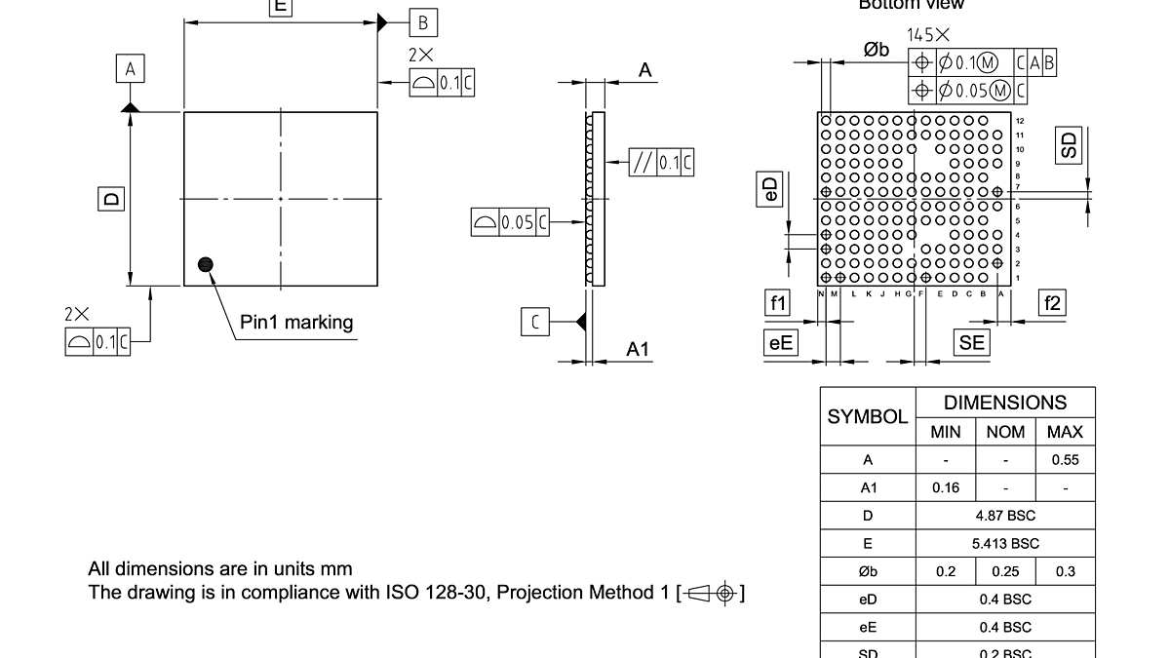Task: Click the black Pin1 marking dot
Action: [x=205, y=263]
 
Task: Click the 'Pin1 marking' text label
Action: [x=296, y=322]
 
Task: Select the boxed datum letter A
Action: [x=131, y=69]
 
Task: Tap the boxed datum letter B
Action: [x=422, y=22]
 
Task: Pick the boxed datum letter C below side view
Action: [x=534, y=321]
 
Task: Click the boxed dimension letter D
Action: [x=113, y=199]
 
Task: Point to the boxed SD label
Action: [x=1070, y=144]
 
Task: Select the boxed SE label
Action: [x=971, y=342]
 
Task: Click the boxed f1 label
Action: [x=778, y=303]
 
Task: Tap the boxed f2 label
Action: [x=1052, y=303]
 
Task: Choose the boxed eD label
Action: [x=769, y=190]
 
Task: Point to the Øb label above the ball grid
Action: [x=876, y=50]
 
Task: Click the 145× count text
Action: [x=928, y=35]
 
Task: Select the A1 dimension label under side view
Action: [x=638, y=349]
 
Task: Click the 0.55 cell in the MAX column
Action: [x=1065, y=460]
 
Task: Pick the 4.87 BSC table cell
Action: [x=1005, y=516]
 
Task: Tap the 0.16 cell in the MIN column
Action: [x=946, y=487]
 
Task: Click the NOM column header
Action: [x=1005, y=432]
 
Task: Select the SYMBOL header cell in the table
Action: [x=868, y=417]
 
